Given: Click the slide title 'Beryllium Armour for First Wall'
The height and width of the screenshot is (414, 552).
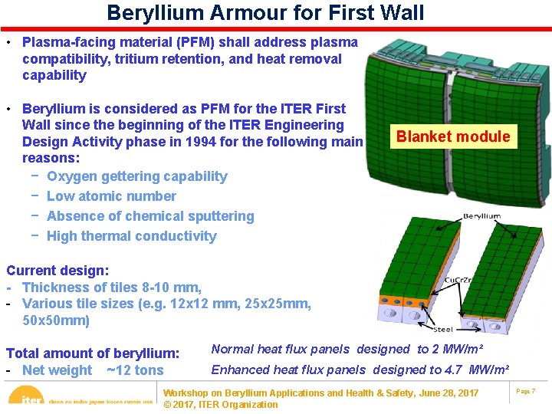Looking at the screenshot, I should [264, 13].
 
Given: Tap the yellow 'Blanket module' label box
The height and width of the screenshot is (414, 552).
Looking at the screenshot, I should [452, 137].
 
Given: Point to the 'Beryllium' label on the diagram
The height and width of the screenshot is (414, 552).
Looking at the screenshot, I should [481, 216].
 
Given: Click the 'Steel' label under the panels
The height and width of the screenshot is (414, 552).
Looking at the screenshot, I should [443, 329].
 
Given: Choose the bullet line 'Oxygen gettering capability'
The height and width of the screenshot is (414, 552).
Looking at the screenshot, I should [136, 176].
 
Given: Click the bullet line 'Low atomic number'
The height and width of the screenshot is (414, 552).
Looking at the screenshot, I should [111, 196].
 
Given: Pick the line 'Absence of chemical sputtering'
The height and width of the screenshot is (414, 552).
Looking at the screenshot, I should [149, 216].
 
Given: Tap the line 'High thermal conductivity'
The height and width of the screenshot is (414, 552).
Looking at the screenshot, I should [131, 236].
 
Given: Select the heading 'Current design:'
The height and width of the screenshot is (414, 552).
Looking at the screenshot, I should [58, 271].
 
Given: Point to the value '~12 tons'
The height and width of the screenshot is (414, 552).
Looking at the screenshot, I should [134, 370].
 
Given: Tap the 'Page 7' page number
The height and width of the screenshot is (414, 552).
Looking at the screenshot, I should [525, 392].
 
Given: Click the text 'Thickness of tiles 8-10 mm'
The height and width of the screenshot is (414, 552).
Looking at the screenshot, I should [112, 287].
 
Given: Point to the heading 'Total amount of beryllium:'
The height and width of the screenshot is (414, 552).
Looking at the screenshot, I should [93, 353].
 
